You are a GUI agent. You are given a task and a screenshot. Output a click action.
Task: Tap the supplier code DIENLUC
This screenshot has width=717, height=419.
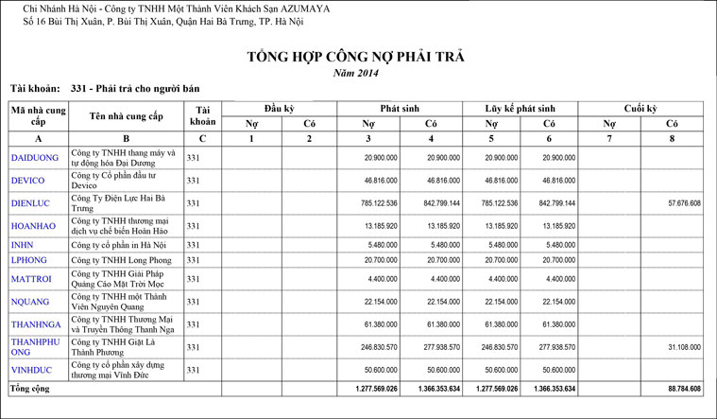coord(32,203)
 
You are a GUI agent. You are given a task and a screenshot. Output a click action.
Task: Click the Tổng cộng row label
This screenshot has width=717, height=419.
coord(32,389)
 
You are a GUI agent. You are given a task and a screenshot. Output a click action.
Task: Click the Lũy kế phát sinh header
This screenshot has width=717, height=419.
coord(517,108)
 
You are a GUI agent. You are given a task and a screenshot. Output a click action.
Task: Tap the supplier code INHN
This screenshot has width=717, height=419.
coord(23,244)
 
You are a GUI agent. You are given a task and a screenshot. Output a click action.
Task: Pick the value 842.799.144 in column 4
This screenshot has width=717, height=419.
coord(441,203)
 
